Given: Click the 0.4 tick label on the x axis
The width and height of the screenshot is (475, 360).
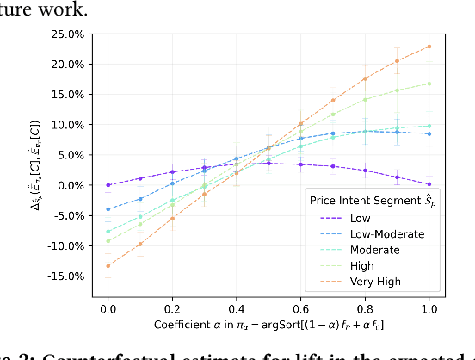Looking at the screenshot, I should point(237,307).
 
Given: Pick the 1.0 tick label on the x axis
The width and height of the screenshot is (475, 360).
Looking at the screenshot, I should point(429,307).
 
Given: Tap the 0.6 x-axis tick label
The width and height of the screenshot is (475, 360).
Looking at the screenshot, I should point(301,307).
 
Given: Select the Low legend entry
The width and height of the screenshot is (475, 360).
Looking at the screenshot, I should point(361,218).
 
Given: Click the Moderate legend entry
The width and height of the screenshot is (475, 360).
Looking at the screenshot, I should point(375,250).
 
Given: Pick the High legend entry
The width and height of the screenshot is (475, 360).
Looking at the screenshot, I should point(362,265).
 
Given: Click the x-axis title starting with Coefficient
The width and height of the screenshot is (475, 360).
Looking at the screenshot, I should point(268,325).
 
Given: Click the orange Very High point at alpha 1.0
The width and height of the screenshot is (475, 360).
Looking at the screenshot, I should point(429,47).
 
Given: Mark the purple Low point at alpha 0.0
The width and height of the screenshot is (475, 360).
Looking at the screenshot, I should point(108,185).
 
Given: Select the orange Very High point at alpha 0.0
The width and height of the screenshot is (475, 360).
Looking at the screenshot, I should point(108,265).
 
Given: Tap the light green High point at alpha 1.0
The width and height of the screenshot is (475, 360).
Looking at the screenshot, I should point(429,84).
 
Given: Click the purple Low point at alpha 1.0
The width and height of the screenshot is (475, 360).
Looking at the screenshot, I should point(429,183).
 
